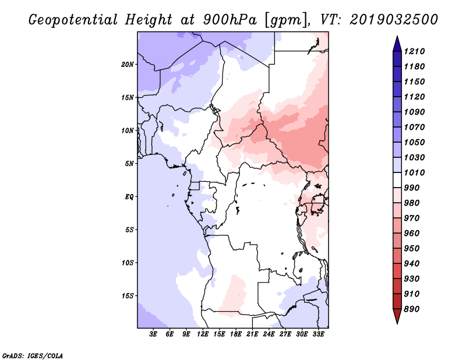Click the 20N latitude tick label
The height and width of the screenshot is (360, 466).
[x=128, y=64]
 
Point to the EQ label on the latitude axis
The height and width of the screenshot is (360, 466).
[x=129, y=196]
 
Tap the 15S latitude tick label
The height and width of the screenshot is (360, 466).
[x=128, y=296]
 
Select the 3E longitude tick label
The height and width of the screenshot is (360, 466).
[x=153, y=334]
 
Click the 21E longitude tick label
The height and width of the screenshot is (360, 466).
[x=252, y=334]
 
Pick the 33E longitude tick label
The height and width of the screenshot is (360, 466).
[x=318, y=334]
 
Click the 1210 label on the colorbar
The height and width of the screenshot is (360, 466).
[x=414, y=51]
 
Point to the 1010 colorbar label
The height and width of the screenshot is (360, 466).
[x=414, y=172]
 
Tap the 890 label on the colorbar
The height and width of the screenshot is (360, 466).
[x=412, y=309]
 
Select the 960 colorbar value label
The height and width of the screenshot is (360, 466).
[x=412, y=233]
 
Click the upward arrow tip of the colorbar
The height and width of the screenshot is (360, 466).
[x=397, y=36]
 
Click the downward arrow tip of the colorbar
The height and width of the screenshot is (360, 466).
[x=397, y=323]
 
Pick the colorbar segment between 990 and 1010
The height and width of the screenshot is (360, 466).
[x=397, y=180]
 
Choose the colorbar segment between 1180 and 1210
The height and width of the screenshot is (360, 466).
[x=397, y=59]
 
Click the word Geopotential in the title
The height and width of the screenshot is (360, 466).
[x=73, y=20]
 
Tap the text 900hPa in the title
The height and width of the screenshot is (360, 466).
[x=230, y=20]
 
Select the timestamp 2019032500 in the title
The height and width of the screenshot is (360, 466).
[x=394, y=19]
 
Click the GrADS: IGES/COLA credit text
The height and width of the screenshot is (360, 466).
[x=33, y=355]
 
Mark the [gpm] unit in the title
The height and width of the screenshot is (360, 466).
[x=285, y=20]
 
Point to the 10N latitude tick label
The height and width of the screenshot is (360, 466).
[x=128, y=130]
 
